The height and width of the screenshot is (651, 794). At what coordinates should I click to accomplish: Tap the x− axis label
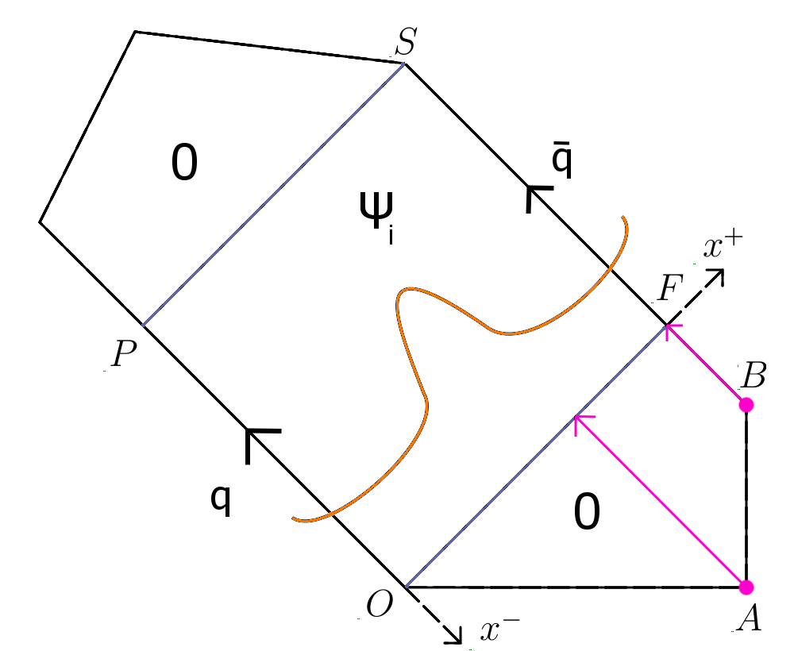[500, 630]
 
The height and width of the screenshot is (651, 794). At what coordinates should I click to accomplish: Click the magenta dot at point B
[746, 405]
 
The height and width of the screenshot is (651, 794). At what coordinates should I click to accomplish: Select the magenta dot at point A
[746, 587]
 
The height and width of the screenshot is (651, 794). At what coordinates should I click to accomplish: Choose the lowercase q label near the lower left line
[222, 500]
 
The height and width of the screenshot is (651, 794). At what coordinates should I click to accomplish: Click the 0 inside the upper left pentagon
[184, 165]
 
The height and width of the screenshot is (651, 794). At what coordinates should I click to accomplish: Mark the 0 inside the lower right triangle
[587, 514]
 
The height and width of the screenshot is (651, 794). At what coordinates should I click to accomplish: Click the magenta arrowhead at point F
[670, 328]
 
